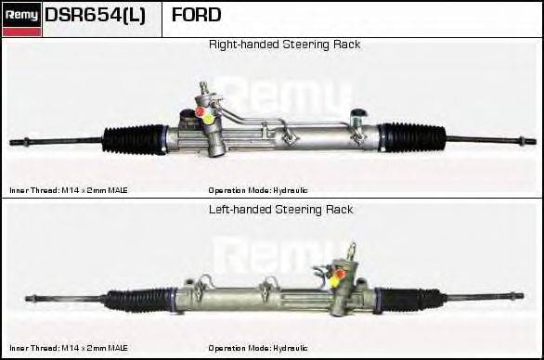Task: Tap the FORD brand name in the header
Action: click(x=196, y=16)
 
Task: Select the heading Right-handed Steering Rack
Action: click(x=284, y=45)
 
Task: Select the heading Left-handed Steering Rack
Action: click(x=281, y=210)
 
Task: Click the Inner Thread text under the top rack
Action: click(x=69, y=190)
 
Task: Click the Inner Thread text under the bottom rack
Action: click(x=69, y=347)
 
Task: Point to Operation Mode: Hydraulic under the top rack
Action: click(x=257, y=190)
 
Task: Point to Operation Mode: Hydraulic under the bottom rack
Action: click(x=257, y=347)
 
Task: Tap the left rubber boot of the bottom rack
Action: click(x=139, y=300)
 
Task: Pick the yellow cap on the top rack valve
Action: click(x=210, y=118)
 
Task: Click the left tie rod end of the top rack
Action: click(x=20, y=143)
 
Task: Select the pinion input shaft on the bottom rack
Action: click(x=352, y=251)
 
